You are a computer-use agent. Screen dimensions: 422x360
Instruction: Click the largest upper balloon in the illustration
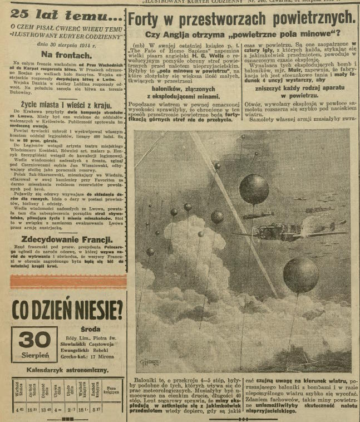253,189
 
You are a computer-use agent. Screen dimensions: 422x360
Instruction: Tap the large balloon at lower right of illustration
300,275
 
